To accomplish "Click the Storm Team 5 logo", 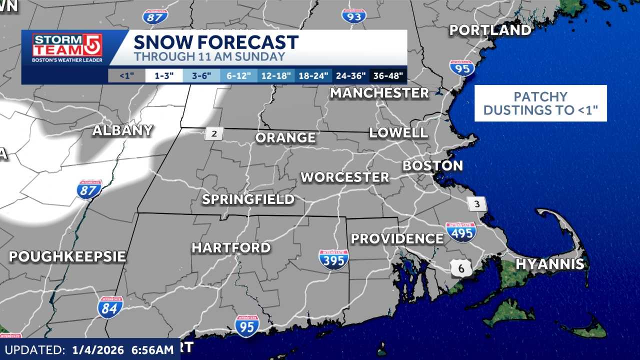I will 67,48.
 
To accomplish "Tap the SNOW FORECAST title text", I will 216,42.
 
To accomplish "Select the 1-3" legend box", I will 163,76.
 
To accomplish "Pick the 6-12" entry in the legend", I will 238,76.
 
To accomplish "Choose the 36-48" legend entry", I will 388,76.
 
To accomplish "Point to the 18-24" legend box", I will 313,76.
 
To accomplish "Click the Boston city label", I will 432,165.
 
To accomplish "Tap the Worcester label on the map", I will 344,177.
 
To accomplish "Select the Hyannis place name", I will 549,264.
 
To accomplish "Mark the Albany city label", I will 122,130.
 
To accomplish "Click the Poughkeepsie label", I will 67,256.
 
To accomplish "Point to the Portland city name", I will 490,30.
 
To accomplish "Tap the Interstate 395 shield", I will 333,259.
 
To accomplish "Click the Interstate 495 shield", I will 461,232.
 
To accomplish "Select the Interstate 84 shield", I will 110,307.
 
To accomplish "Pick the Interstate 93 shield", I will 354,15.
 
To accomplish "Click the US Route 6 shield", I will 460,268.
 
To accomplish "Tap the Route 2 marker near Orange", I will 214,133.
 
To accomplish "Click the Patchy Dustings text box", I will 540,103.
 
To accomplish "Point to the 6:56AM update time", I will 147,349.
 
